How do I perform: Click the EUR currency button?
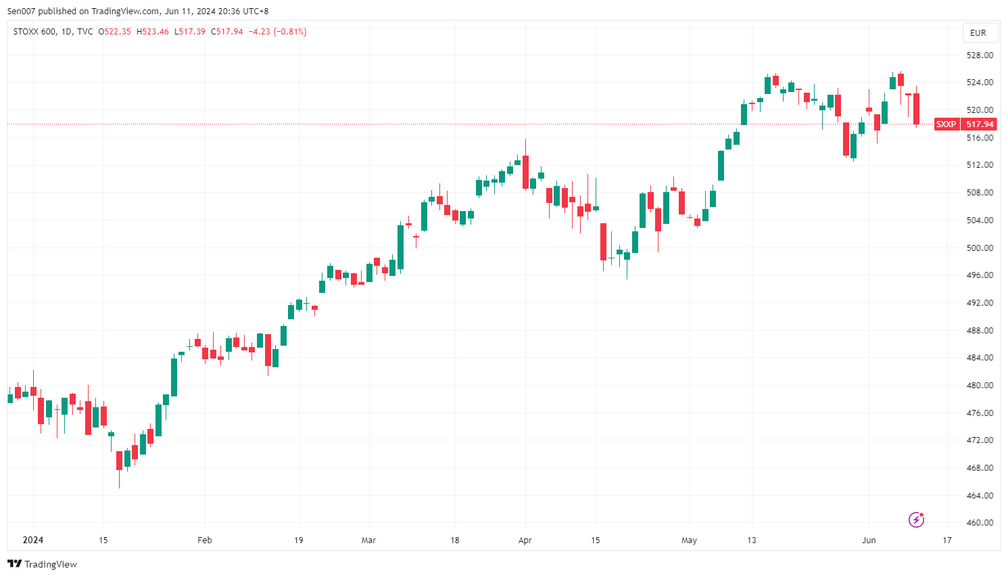(x=978, y=32)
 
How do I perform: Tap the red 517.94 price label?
(x=980, y=124)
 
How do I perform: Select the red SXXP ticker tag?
(x=946, y=124)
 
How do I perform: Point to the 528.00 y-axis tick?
(x=980, y=55)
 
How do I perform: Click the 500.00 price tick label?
(x=980, y=248)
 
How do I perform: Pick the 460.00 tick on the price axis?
(x=980, y=523)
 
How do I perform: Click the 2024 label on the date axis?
(x=32, y=540)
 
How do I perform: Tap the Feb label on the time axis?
(x=204, y=540)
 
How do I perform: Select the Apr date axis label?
(x=525, y=540)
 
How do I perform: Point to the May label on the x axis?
(x=689, y=540)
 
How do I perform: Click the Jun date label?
(x=869, y=540)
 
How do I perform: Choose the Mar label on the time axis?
(x=368, y=540)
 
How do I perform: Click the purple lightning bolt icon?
(x=916, y=520)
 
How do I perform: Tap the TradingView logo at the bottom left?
(x=42, y=564)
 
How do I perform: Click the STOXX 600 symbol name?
(x=34, y=32)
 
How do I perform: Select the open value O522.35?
(x=115, y=32)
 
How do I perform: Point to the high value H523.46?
(x=153, y=32)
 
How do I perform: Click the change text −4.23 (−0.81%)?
(x=278, y=32)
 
